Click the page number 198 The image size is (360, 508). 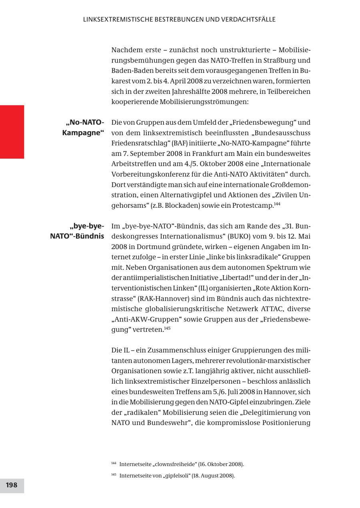pos(12,485)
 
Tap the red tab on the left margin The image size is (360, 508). pos(12,132)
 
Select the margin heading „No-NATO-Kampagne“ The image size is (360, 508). pos(83,127)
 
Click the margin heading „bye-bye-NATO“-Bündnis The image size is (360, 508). pos(77,231)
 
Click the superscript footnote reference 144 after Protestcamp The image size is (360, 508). pos(277,203)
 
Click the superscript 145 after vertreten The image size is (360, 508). pos(168,328)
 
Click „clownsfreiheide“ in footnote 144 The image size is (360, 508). pos(174,464)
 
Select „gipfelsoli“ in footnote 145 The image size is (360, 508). pos(180,476)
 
